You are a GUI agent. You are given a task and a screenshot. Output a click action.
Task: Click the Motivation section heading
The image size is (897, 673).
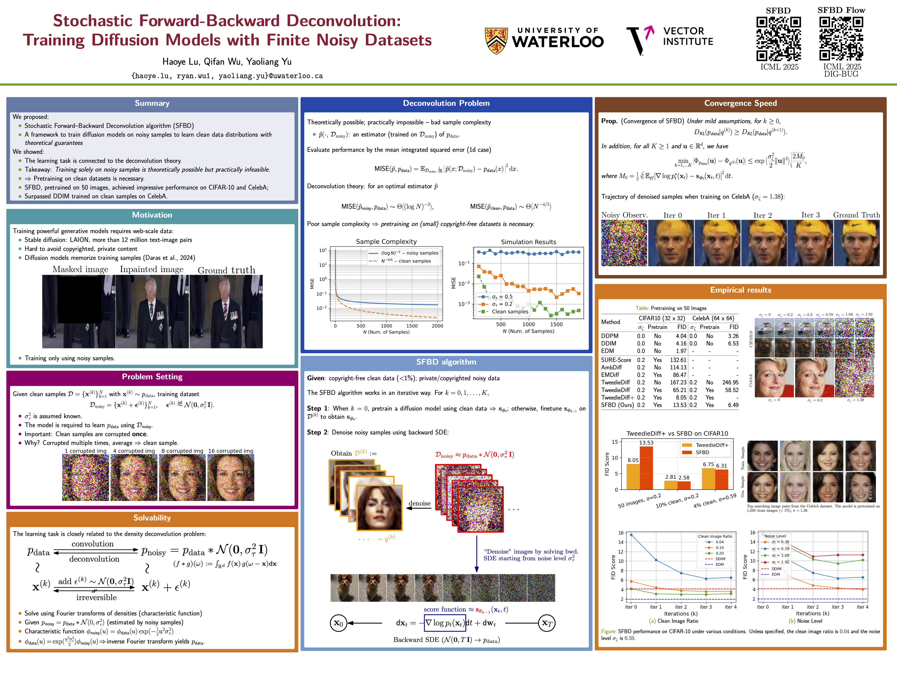click(x=152, y=215)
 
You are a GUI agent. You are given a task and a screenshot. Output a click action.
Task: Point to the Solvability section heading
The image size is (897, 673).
click(x=152, y=518)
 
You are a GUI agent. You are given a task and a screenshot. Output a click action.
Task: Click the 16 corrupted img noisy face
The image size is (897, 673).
click(x=231, y=477)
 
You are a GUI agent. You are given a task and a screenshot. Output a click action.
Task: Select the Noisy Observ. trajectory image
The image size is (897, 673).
click(x=624, y=243)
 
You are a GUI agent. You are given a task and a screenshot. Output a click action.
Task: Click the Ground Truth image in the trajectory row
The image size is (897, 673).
click(x=856, y=243)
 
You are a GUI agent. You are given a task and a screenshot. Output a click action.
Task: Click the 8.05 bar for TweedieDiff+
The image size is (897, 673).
click(x=633, y=477)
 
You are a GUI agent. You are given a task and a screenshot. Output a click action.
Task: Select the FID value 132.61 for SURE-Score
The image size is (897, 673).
click(x=678, y=360)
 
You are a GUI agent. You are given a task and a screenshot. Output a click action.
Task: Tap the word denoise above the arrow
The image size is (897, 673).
click(x=419, y=503)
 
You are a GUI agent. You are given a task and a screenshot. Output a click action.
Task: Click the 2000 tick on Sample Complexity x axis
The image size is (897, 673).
click(x=437, y=326)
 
